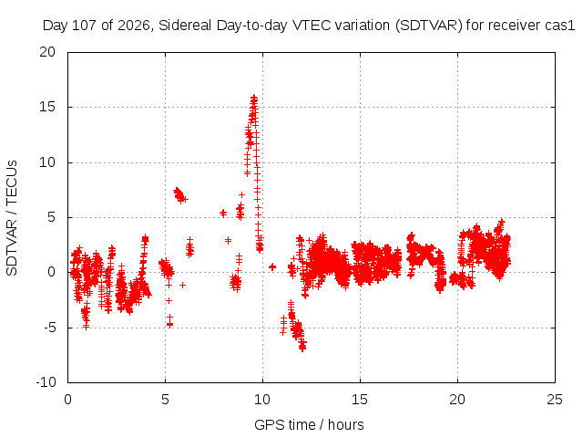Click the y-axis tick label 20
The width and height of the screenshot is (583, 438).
[47, 52]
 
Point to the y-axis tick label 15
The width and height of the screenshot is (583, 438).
[47, 107]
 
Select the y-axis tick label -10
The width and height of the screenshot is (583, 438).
[46, 382]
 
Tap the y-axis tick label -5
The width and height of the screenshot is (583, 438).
[49, 328]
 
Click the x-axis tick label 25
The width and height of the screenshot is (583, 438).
[555, 400]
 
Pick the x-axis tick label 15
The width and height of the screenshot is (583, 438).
[360, 400]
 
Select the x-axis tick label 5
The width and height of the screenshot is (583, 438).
[165, 400]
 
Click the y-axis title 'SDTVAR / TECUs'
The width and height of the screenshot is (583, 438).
[12, 218]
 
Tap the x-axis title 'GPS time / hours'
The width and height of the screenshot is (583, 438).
[309, 424]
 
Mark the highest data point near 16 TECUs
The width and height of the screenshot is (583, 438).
[254, 98]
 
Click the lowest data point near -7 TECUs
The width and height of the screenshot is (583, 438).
[302, 349]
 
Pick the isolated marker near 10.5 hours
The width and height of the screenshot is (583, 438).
[272, 266]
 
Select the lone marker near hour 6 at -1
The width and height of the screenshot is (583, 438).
[182, 285]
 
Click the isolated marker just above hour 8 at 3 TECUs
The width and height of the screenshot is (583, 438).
[228, 240]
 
